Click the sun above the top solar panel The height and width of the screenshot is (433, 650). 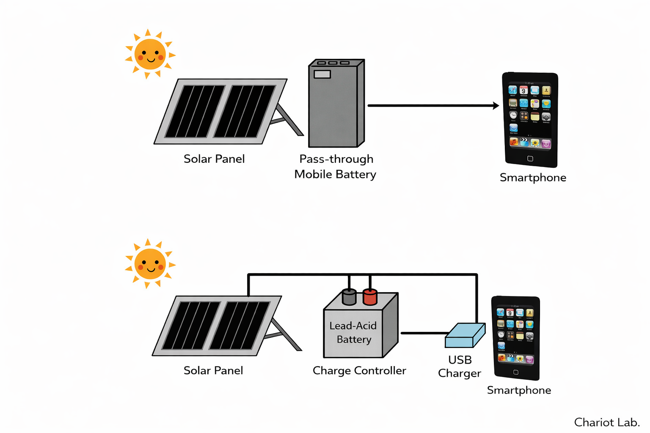(x=150, y=54)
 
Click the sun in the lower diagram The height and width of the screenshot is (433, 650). (x=150, y=264)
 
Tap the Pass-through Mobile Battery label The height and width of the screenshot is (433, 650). (x=336, y=167)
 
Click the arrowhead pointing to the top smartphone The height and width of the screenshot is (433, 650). (x=496, y=106)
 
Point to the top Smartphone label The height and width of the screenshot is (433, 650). (x=533, y=178)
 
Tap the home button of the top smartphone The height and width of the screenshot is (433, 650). (x=530, y=159)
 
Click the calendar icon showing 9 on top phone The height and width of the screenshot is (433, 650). (x=523, y=90)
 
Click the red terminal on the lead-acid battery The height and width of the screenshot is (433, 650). (x=370, y=297)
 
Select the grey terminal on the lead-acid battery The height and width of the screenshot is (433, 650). (x=349, y=297)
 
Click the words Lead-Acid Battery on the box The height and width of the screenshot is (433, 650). (x=353, y=332)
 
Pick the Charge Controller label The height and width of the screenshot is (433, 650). (x=359, y=371)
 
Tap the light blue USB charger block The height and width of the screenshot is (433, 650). (x=465, y=335)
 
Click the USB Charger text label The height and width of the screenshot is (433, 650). (x=460, y=367)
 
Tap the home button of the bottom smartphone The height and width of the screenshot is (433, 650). (x=515, y=372)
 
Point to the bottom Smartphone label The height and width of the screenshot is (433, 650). (x=519, y=390)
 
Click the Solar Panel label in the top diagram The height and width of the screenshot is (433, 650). (x=214, y=159)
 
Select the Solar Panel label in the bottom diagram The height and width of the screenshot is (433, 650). (x=213, y=371)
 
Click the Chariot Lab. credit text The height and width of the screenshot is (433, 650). (x=606, y=422)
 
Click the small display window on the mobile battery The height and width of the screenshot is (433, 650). (x=322, y=74)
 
